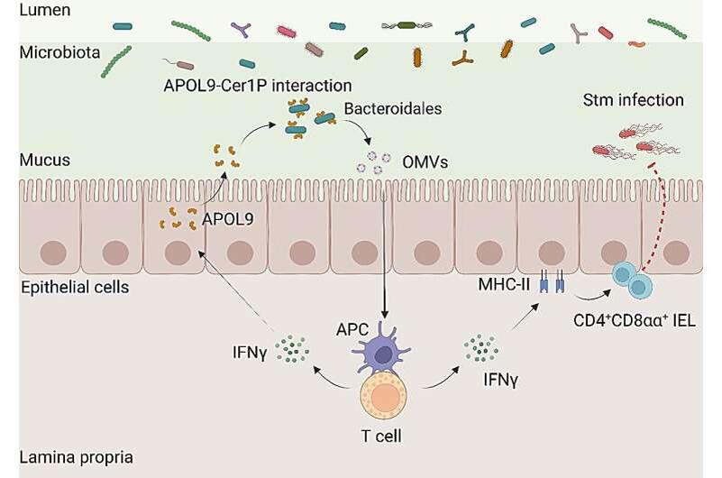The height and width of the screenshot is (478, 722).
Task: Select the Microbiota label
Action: (55, 51)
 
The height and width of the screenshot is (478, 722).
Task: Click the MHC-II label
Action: (500, 287)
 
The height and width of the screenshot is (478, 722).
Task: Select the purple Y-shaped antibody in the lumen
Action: (242, 32)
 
